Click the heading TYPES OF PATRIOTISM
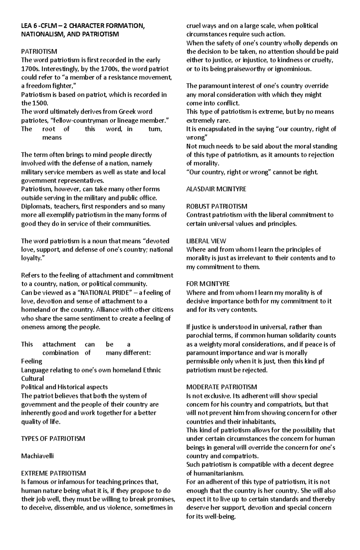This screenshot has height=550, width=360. coord(53,439)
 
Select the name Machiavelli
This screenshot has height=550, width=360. coord(37,456)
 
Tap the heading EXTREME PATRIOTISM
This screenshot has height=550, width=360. coord(53,473)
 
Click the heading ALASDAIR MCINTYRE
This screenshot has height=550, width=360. coord(216,189)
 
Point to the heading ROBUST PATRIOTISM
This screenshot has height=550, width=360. coord(217,206)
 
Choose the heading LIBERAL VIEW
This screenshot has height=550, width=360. coord(206,241)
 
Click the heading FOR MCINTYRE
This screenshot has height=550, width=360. coord(208,284)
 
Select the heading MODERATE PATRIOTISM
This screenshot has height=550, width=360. coord(221,387)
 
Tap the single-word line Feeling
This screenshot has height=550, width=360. coord(31,361)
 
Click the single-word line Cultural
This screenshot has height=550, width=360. coord(32,379)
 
